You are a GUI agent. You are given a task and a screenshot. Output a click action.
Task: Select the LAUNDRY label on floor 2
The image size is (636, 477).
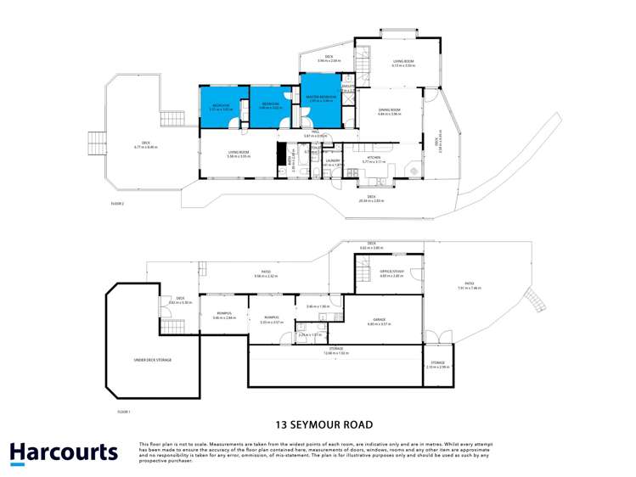click(333, 160)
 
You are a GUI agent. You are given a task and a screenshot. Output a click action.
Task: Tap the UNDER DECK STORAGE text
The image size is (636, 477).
click(153, 360)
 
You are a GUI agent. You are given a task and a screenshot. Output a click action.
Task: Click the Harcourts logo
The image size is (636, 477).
click(64, 452)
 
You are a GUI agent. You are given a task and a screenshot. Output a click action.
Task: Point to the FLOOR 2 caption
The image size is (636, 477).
click(118, 204)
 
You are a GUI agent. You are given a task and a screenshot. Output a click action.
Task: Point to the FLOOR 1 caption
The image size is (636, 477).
click(124, 411)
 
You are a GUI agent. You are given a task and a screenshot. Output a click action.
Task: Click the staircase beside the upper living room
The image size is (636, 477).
click(364, 59)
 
